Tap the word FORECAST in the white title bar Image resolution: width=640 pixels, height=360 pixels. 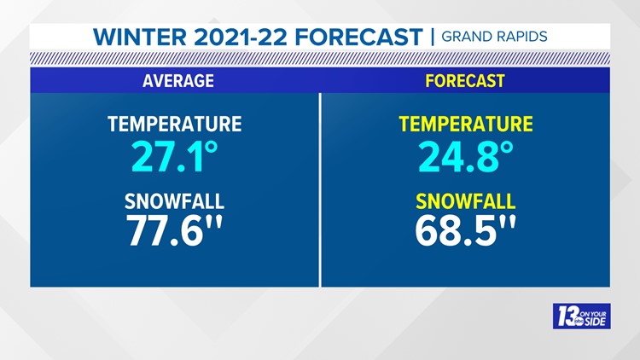[366, 38]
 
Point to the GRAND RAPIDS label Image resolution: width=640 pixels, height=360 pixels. [494, 38]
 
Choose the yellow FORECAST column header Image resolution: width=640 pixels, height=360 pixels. [465, 81]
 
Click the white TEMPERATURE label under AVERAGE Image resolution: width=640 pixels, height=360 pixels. [174, 124]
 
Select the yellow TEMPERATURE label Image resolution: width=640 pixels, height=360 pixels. [465, 124]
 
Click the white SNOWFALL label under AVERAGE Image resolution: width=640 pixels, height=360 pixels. [174, 201]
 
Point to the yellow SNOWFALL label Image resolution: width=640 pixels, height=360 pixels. [465, 201]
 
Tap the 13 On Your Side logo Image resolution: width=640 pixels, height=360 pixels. [581, 316]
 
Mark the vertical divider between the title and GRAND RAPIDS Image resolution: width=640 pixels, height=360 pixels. [433, 38]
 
